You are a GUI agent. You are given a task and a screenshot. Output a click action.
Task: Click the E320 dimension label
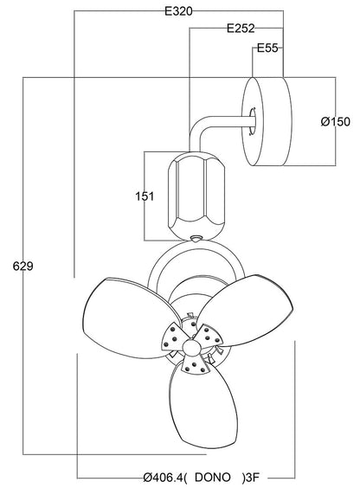177,11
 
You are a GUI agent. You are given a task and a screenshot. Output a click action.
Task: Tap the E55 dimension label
267,48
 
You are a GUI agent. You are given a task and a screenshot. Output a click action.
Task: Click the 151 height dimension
145,196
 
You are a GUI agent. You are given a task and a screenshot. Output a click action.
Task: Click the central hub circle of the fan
187,345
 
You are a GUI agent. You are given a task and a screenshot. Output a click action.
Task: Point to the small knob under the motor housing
196,237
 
